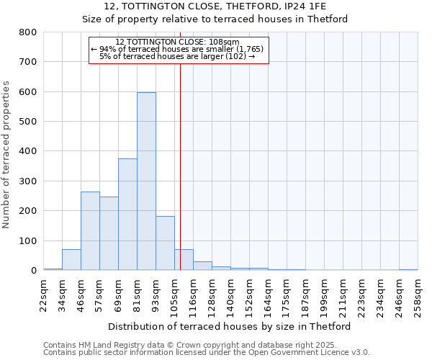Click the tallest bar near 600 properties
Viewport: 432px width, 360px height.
[146, 181]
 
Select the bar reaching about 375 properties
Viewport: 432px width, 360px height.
[127, 215]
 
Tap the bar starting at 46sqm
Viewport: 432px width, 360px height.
[90, 231]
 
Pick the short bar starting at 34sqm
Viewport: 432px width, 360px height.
[71, 260]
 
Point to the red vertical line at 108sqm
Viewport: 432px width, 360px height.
[180, 166]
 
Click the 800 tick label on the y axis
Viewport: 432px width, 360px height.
[28, 32]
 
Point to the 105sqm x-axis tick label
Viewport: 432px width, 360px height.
[175, 295]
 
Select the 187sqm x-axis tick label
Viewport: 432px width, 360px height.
[306, 295]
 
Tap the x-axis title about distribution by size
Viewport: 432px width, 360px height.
[234, 326]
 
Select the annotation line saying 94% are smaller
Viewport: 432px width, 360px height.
[178, 49]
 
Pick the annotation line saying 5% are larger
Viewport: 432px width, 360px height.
[177, 56]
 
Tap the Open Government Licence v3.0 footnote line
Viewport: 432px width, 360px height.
[207, 352]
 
